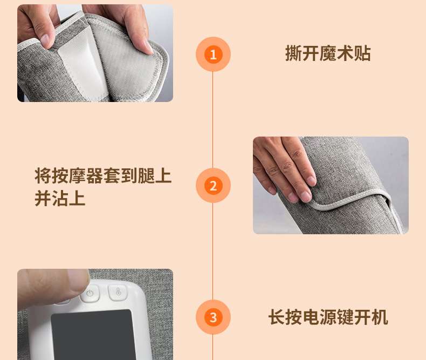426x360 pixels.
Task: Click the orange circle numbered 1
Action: click(213, 54)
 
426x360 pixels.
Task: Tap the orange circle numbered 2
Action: click(213, 186)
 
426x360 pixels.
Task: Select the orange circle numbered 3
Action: click(213, 317)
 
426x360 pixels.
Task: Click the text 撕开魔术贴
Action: click(328, 53)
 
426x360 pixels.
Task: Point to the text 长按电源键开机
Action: click(328, 317)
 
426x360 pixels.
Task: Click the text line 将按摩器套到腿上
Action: click(103, 176)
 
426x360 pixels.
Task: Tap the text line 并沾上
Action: click(60, 198)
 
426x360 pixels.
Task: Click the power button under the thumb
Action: click(90, 294)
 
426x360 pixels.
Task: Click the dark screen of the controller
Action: click(93, 335)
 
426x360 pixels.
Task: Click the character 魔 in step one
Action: click(328, 53)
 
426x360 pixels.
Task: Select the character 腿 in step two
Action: click(146, 176)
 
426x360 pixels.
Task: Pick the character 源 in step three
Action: click(328, 317)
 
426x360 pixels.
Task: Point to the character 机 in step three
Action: click(380, 317)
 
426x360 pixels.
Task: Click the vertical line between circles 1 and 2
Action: click(212, 120)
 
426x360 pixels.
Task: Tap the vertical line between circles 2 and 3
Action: click(212, 252)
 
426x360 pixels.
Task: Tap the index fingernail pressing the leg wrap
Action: click(306, 196)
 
